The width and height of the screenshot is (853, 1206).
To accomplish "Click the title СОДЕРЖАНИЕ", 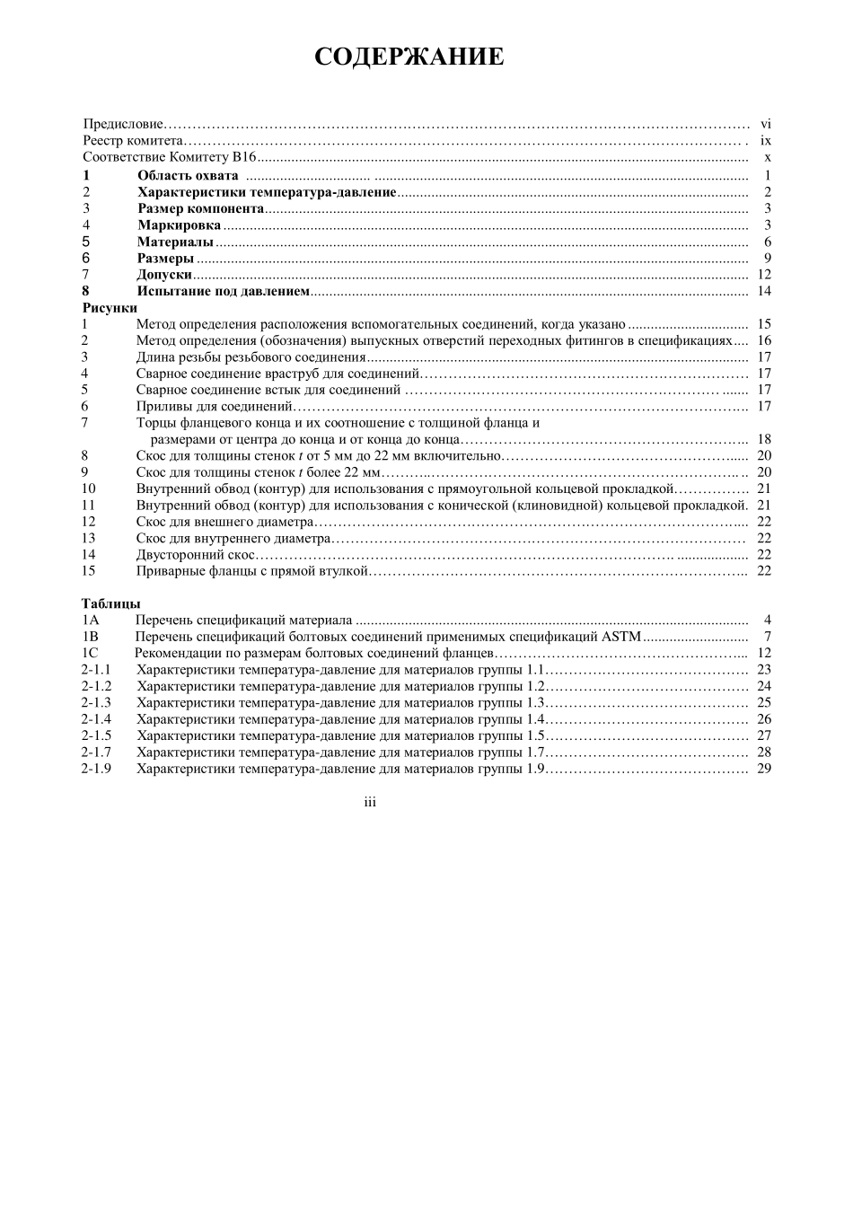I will point(409,57).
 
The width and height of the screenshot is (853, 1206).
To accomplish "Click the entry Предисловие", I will point(123,124).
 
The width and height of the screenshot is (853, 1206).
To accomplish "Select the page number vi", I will point(765,124).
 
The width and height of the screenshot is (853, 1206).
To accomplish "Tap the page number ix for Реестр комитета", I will point(765,141).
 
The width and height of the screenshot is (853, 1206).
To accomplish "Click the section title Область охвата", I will point(188,175).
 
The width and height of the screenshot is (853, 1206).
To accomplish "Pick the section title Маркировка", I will point(179,225).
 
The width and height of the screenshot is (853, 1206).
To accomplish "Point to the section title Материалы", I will point(175,242).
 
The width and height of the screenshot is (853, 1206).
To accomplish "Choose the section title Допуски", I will point(164,275).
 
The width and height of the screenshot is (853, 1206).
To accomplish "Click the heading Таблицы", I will point(111,603).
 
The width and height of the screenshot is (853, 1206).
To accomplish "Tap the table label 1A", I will point(90,620).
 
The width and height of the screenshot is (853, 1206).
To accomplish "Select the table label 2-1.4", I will point(96,719).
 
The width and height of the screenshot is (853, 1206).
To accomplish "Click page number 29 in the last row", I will point(764,769).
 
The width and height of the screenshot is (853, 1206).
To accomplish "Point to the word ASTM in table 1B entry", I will point(621,637).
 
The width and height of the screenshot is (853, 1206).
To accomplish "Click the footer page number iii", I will point(370,802).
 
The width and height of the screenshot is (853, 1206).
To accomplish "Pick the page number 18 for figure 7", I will point(764,439).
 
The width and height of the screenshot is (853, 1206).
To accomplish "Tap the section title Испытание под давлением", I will point(223,291).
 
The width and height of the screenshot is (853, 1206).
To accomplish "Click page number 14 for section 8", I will point(764,291).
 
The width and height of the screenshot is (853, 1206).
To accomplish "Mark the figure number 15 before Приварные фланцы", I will point(88,571).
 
